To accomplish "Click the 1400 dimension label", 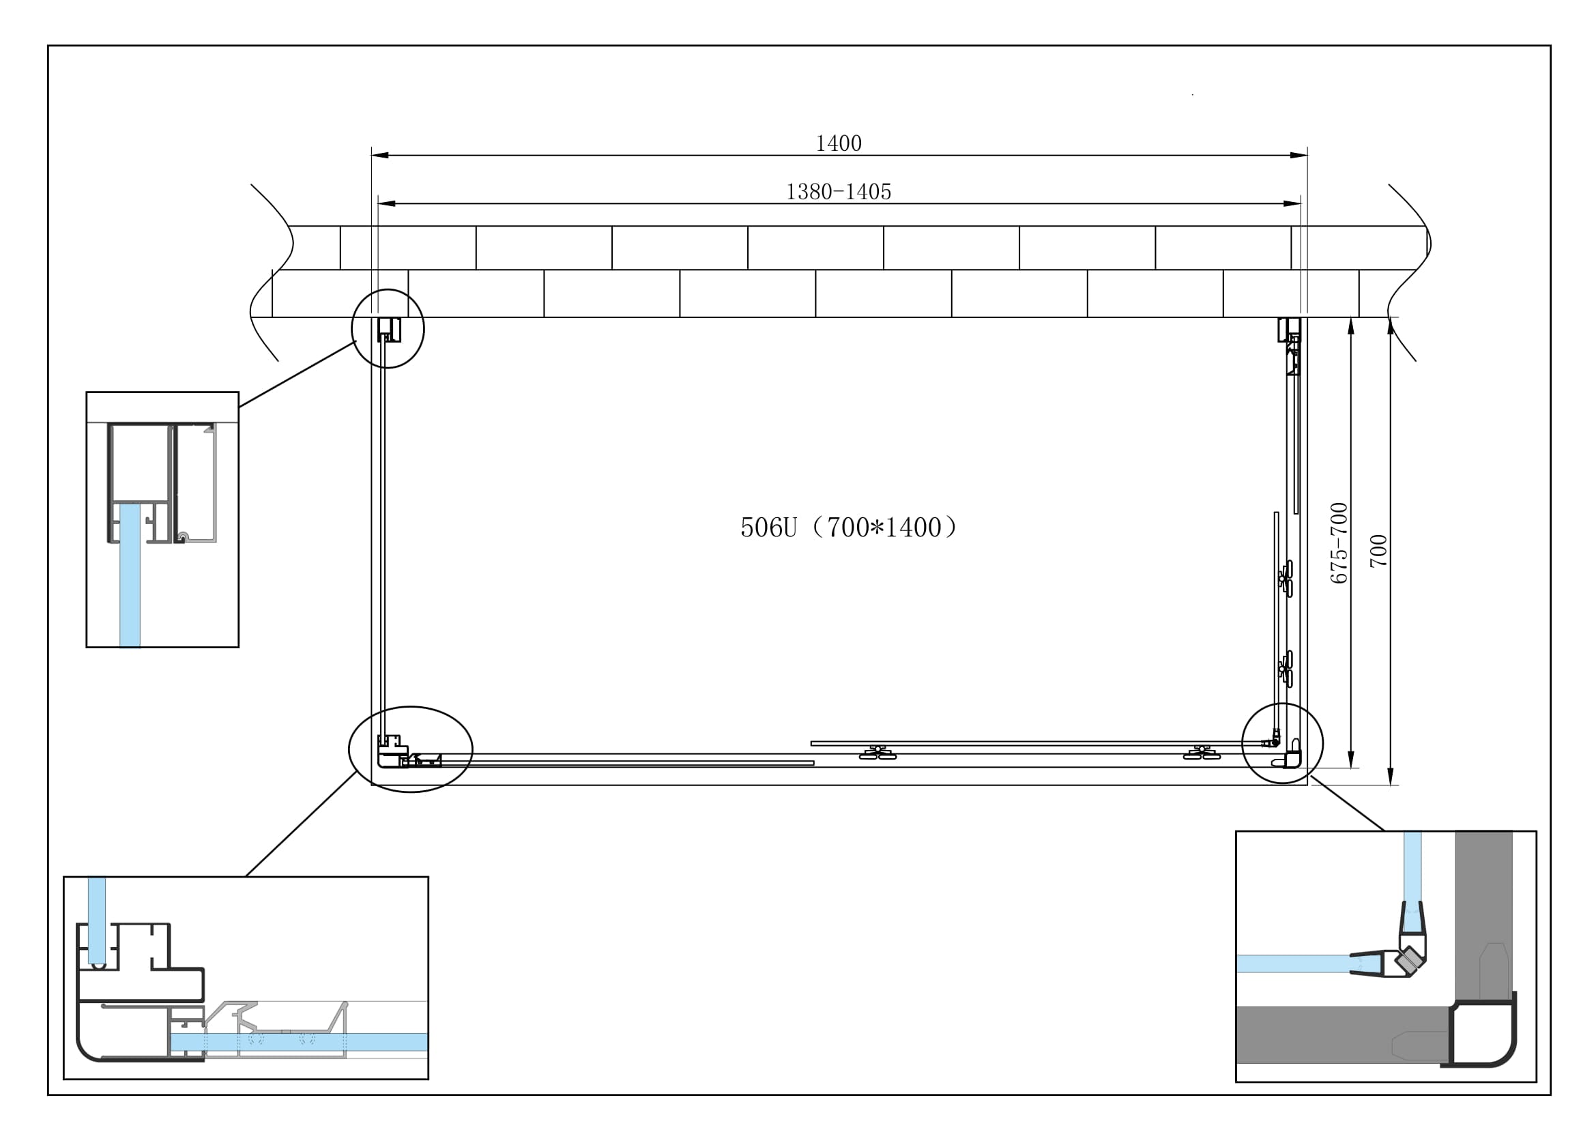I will (x=839, y=143).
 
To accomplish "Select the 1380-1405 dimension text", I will (x=839, y=192).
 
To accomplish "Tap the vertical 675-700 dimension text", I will (x=1339, y=543).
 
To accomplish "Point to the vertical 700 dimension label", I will (x=1378, y=551).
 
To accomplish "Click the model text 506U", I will (x=768, y=528).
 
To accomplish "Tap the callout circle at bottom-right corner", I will (x=1283, y=706).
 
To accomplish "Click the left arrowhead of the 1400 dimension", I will (x=380, y=155).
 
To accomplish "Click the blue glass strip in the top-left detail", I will (x=130, y=577).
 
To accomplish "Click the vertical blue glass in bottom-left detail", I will (x=98, y=917).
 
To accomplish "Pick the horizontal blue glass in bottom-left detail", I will (x=299, y=1041).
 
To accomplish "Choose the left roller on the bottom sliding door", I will (x=878, y=753).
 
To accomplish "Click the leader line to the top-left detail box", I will (x=298, y=374).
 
